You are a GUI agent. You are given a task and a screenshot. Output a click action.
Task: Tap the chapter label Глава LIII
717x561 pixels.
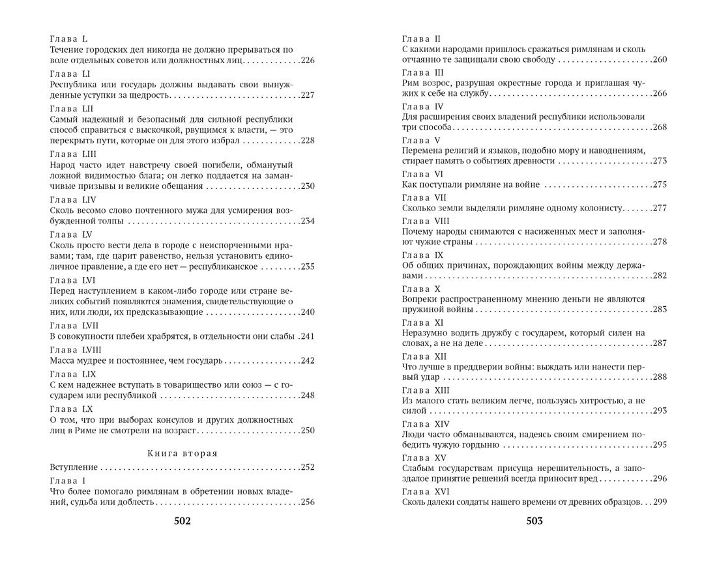(x=73, y=154)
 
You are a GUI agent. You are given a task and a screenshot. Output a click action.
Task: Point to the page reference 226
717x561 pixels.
(x=307, y=61)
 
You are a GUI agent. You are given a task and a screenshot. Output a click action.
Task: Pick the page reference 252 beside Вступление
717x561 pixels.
(x=307, y=467)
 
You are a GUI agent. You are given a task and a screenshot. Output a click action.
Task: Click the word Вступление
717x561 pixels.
(x=74, y=467)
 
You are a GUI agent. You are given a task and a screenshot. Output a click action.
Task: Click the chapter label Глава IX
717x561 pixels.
(x=422, y=255)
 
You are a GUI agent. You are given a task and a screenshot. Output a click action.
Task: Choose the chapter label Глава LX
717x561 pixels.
(x=72, y=408)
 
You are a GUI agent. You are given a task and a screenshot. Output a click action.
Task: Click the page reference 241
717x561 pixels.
(x=308, y=336)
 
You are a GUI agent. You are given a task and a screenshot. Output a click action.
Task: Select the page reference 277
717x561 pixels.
(x=659, y=208)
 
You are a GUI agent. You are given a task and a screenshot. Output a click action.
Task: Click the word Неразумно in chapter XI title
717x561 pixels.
(x=425, y=333)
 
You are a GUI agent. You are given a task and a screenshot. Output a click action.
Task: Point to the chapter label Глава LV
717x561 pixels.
(x=71, y=233)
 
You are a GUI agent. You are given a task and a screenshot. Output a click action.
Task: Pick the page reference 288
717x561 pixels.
(x=659, y=377)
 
